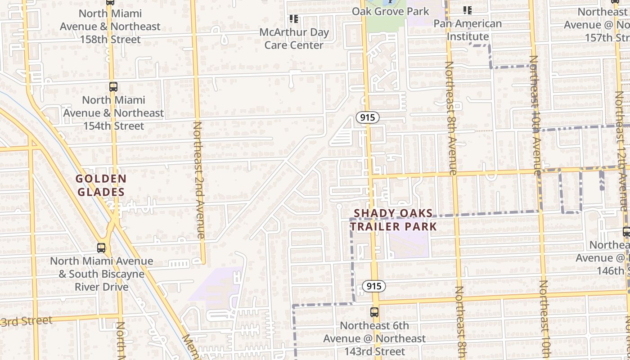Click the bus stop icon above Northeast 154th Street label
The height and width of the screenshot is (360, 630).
coord(113,86)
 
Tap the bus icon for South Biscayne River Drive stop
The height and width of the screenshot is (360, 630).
coord(102,247)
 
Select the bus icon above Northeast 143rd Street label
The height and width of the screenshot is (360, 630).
coord(374,312)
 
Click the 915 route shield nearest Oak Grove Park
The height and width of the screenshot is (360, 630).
coord(368,118)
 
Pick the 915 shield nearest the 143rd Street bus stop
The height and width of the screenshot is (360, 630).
coord(373,286)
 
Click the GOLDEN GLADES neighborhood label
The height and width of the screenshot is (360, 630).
coord(101,185)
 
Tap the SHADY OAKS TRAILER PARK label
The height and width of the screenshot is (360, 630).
coord(394,220)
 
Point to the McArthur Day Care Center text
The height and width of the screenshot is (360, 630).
coord(294,39)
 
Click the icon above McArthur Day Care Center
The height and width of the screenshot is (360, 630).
coord(294,19)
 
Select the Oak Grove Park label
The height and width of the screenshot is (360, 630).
coord(391,11)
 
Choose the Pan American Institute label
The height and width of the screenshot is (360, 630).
coord(468,30)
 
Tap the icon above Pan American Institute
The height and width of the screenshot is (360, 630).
coord(468,10)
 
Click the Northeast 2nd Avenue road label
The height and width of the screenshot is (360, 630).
coord(198,180)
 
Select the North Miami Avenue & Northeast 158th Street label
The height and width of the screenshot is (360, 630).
coord(110,27)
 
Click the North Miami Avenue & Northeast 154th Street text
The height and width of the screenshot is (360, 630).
coord(113,113)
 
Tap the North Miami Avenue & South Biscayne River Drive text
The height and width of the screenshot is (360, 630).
coord(102,274)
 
